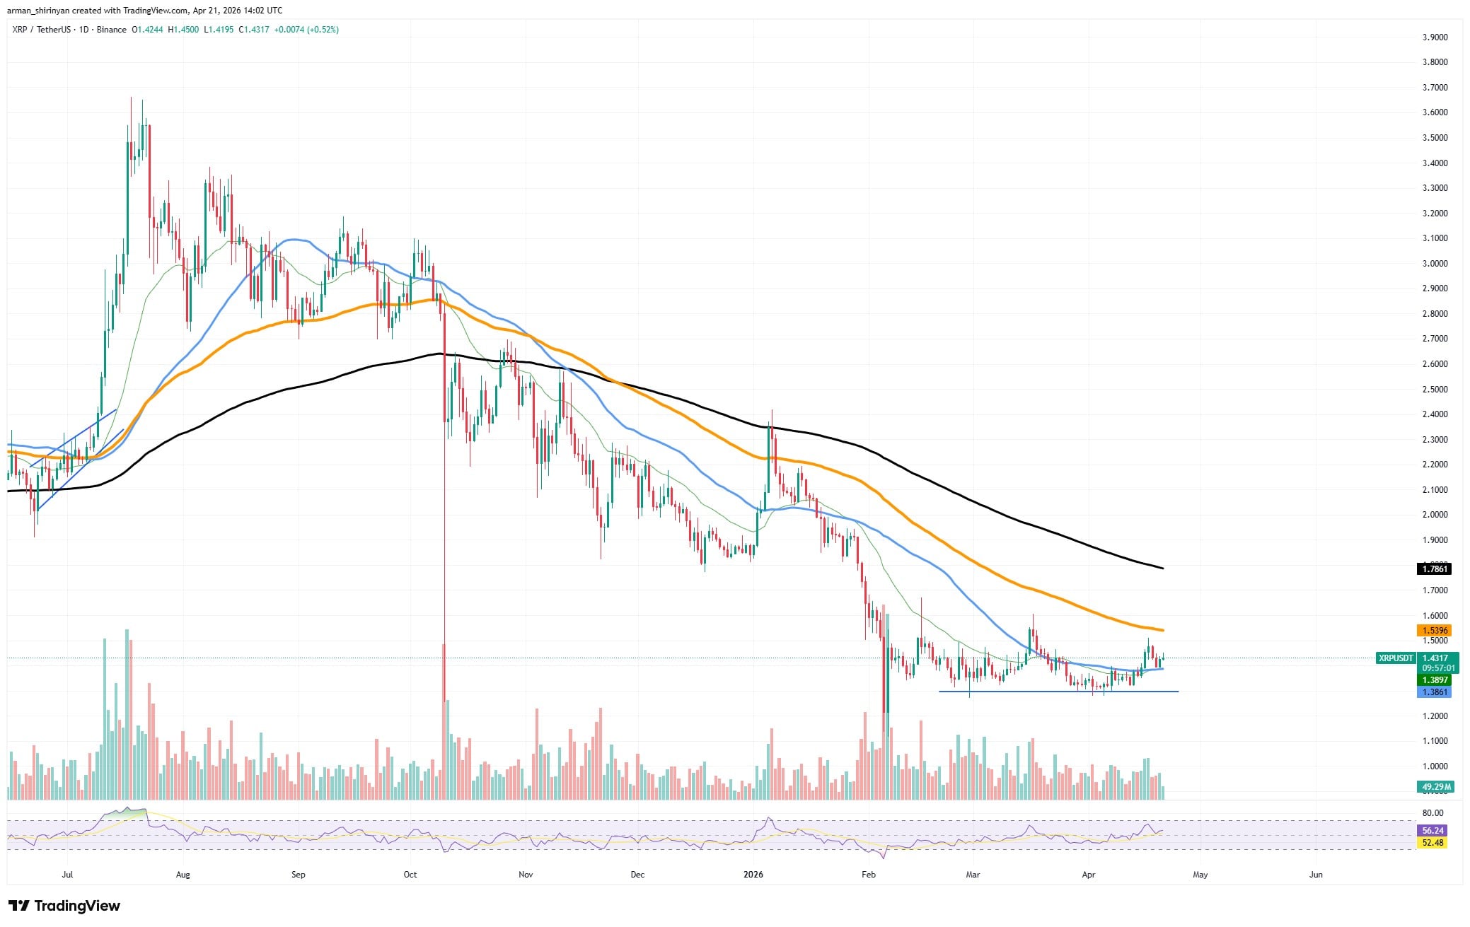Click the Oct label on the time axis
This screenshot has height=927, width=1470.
[x=410, y=875]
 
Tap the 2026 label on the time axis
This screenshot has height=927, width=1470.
[x=753, y=875]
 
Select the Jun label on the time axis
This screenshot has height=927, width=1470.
[x=1316, y=875]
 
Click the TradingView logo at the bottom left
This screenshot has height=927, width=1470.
[x=64, y=906]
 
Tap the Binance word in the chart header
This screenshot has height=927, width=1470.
[x=112, y=30]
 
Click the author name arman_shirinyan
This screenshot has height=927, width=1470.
[x=42, y=10]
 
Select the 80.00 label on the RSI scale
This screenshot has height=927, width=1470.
[x=1433, y=813]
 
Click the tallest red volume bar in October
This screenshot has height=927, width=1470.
[x=444, y=721]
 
